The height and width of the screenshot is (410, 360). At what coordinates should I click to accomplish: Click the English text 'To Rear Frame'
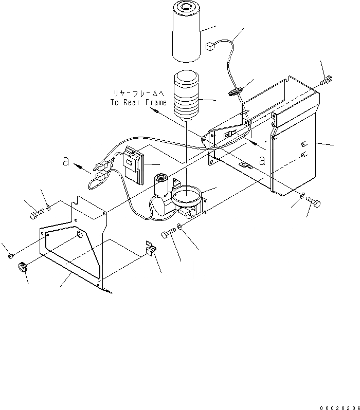[x=138, y=102]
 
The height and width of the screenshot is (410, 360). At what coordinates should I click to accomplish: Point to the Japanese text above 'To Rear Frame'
[x=138, y=93]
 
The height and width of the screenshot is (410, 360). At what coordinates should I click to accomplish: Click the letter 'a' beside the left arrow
[x=65, y=161]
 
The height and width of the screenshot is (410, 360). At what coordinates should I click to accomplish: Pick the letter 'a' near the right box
[x=262, y=159]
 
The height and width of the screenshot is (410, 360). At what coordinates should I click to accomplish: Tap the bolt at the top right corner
[x=325, y=80]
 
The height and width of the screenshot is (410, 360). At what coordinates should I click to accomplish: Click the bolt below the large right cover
[x=315, y=203]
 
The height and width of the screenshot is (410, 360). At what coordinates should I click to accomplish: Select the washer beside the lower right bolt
[x=303, y=196]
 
